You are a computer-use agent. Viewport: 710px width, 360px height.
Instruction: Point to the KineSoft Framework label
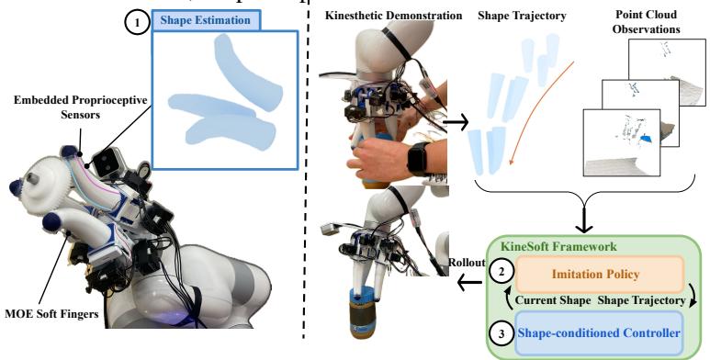tap(558, 245)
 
